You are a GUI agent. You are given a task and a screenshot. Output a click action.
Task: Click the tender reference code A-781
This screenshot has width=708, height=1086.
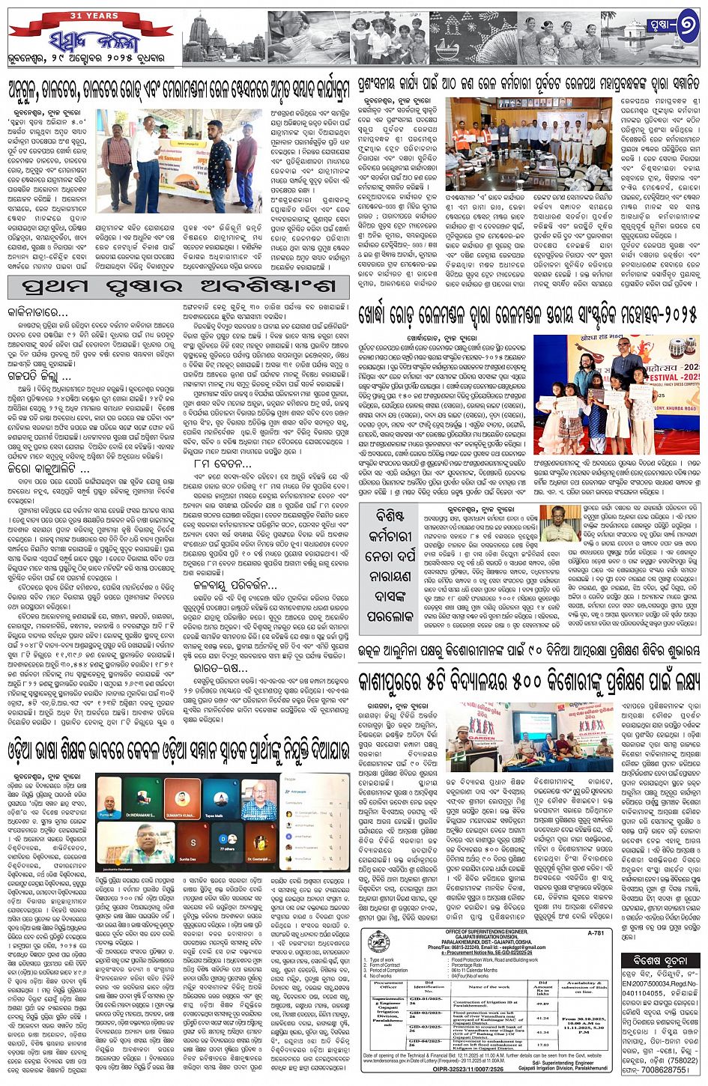click(595, 933)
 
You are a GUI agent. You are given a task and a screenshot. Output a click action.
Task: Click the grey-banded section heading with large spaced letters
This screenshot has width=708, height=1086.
click(178, 287)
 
